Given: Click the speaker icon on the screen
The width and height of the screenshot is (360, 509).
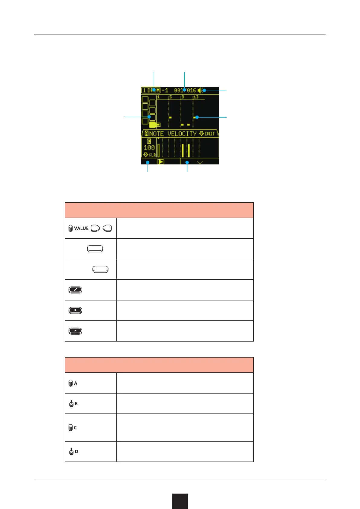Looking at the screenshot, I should [x=200, y=90].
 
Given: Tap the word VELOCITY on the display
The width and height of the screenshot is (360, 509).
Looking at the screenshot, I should [x=182, y=134].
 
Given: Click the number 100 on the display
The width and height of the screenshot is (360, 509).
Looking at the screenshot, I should [x=149, y=148].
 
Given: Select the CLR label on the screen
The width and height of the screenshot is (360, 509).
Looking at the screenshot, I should [x=152, y=155].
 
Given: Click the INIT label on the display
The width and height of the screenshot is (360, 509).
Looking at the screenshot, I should [x=209, y=134].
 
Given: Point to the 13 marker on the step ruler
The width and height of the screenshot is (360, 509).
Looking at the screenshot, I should [x=196, y=97].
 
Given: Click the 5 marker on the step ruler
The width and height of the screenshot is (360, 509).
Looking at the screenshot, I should [x=170, y=97].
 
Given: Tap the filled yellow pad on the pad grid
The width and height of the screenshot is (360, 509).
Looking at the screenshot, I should [x=153, y=125].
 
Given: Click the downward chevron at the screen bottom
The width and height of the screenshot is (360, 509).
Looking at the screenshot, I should [x=200, y=162].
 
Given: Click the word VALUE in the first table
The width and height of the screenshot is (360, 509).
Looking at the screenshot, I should [x=81, y=228].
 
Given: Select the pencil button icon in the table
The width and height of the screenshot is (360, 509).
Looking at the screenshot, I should [x=75, y=290].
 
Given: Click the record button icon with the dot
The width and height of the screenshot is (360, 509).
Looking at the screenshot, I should [x=75, y=310].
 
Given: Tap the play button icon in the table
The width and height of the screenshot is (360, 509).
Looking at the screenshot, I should [x=75, y=331].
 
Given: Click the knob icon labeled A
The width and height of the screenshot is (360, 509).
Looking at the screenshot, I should [x=70, y=383].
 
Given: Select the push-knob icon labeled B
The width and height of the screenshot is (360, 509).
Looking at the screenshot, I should [x=71, y=404].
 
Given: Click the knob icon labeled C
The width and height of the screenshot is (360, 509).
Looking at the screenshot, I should [x=70, y=428].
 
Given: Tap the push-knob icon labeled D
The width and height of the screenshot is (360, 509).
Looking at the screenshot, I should [x=71, y=452].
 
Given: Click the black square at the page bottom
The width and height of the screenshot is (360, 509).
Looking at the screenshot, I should [x=180, y=501].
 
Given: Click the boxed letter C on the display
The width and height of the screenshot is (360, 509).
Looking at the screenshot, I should [x=149, y=141].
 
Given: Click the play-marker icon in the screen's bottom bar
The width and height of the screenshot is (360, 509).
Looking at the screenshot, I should [x=161, y=162].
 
